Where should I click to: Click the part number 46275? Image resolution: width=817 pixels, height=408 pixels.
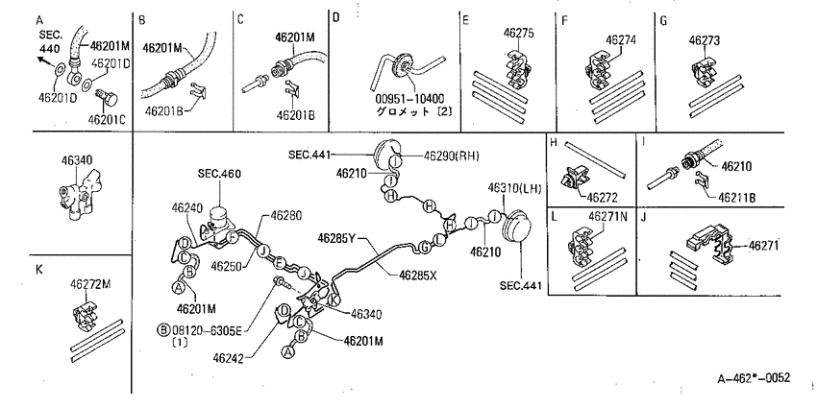(x=518, y=33)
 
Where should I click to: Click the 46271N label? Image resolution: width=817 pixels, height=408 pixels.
(x=608, y=216)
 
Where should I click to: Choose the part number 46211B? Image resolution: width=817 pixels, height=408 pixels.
(x=738, y=198)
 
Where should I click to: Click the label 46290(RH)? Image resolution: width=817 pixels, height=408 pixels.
(x=451, y=156)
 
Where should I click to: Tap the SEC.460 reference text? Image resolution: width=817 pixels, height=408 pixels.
(x=219, y=174)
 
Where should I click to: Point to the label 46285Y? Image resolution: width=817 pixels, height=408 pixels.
(x=336, y=238)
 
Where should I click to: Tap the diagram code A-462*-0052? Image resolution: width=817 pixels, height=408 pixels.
(x=754, y=377)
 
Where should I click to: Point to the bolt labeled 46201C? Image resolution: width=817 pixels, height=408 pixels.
(x=107, y=97)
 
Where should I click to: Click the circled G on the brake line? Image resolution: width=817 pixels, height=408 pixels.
(x=425, y=248)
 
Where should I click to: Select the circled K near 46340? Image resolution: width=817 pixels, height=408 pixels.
(x=334, y=300)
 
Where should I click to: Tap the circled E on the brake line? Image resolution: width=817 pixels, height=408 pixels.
(x=280, y=262)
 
